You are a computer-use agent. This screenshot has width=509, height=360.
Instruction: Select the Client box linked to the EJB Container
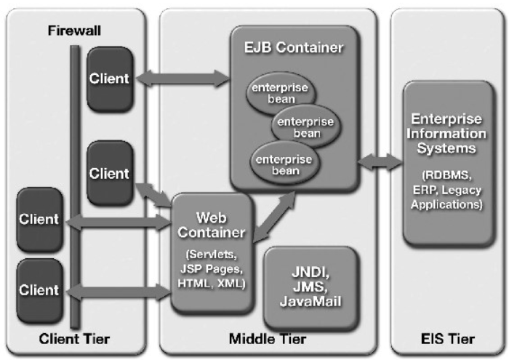[109, 78]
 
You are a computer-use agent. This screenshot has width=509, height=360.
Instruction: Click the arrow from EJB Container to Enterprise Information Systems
[380, 161]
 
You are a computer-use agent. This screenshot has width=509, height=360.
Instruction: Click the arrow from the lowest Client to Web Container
[116, 292]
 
